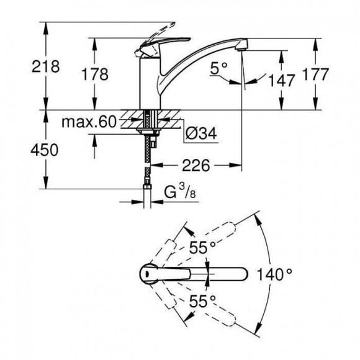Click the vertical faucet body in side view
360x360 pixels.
pyautogui.click(x=148, y=84)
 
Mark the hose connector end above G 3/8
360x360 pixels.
pyautogui.click(x=148, y=186)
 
